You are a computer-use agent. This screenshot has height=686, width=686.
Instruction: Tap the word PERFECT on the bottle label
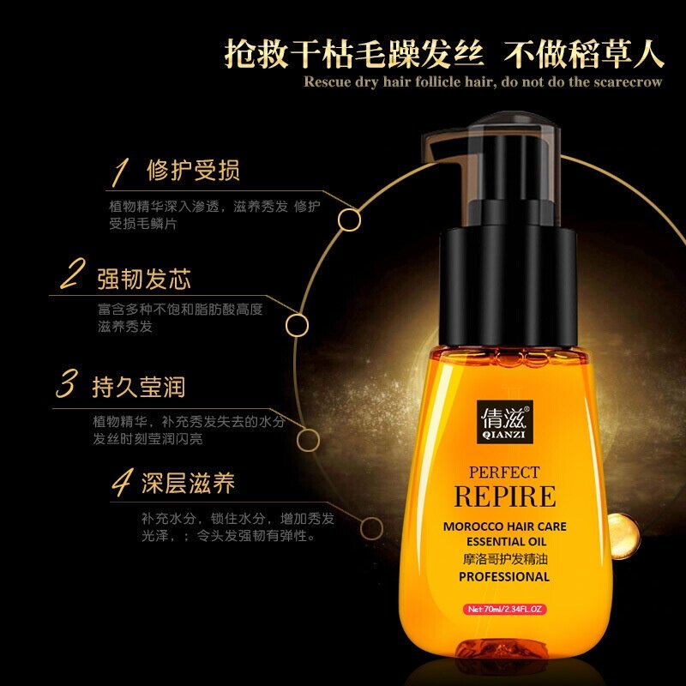click(503, 472)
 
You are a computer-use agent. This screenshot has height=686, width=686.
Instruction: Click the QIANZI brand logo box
click(504, 420)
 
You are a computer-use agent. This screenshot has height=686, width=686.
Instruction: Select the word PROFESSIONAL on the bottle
click(503, 576)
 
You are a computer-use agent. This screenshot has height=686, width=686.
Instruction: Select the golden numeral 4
click(121, 483)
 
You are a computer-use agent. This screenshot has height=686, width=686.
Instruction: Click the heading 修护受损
click(194, 170)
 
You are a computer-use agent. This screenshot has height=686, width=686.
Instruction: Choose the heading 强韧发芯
click(143, 279)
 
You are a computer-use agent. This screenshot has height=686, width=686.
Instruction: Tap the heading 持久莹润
click(138, 387)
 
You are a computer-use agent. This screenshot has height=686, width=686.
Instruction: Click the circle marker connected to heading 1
click(349, 220)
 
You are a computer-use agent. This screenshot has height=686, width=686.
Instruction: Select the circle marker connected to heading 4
click(372, 527)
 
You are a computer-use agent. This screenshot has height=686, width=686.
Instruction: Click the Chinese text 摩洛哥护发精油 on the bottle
click(503, 558)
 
